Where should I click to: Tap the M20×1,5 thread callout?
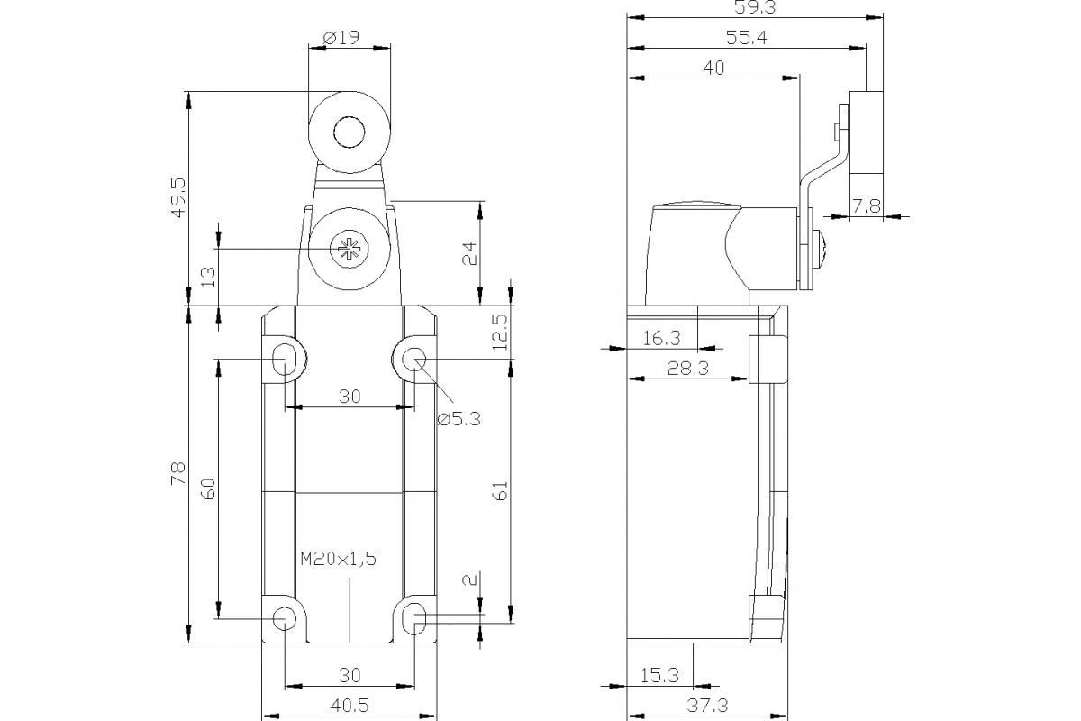click(338, 559)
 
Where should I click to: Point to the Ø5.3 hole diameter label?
click(459, 418)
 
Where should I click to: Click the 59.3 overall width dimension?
click(756, 8)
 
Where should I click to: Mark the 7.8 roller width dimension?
click(866, 206)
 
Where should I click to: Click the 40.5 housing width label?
click(349, 706)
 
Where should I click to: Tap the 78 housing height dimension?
click(178, 474)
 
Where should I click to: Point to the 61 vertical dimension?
click(501, 489)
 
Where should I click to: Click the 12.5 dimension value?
click(501, 332)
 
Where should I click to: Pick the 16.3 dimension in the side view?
click(662, 338)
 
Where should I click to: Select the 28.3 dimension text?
click(686, 368)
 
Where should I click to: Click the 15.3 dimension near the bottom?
click(660, 674)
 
